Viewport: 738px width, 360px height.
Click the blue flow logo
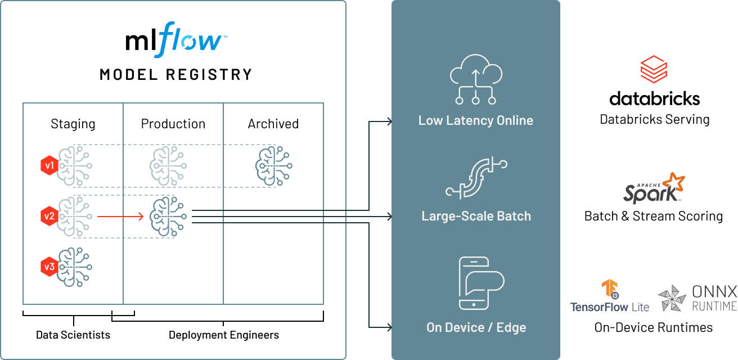(190, 40)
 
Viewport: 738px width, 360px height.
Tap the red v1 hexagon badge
(49, 166)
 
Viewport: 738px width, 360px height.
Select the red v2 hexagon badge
(49, 215)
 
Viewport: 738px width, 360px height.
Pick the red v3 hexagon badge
(49, 266)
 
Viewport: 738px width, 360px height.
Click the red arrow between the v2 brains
(120, 215)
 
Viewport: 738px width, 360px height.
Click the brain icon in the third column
(273, 166)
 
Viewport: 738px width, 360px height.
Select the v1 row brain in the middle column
(168, 166)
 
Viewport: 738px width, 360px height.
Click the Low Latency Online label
(475, 120)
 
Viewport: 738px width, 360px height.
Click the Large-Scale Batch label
(476, 216)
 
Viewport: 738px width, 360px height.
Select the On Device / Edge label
(476, 327)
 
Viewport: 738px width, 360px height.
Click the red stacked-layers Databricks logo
(653, 71)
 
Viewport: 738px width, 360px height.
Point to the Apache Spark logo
(654, 190)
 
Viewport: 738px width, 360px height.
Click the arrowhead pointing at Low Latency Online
(389, 120)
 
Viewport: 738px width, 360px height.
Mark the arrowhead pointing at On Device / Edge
(389, 327)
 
